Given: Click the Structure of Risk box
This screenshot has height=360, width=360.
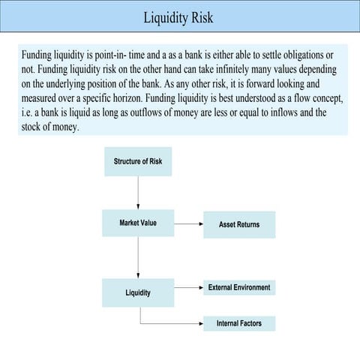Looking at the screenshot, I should tap(138, 161).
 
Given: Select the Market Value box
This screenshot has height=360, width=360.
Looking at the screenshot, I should tap(138, 223).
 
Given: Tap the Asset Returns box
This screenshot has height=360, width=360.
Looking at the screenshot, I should tap(239, 224).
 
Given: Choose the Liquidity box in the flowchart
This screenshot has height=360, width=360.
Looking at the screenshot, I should tap(138, 292).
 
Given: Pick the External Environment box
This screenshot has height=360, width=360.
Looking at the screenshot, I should tap(239, 287).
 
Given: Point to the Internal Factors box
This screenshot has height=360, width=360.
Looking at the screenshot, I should tap(239, 323).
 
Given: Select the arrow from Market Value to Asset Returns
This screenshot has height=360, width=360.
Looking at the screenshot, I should tap(188, 223).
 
